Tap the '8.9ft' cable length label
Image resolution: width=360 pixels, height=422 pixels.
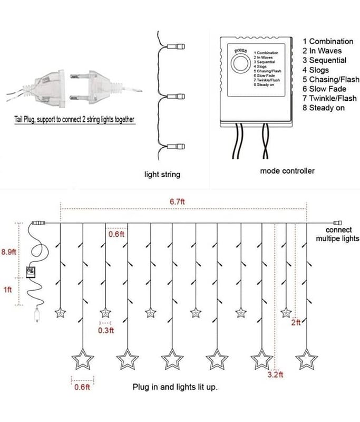pyautogui.click(x=9, y=252)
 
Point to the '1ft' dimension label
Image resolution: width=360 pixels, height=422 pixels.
pyautogui.click(x=8, y=290)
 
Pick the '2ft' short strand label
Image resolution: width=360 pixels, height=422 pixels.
pyautogui.click(x=296, y=322)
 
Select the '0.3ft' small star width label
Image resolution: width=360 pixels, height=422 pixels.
pyautogui.click(x=106, y=330)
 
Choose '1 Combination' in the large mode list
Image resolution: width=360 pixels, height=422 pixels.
pyautogui.click(x=328, y=41)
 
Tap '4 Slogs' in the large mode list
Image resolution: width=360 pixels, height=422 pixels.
pyautogui.click(x=316, y=70)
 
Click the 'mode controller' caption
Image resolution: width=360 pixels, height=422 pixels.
pyautogui.click(x=287, y=171)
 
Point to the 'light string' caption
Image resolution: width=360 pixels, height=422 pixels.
pyautogui.click(x=162, y=174)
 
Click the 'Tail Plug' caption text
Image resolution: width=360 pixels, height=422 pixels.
pyautogui.click(x=74, y=120)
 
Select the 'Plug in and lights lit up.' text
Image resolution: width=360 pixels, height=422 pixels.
pyautogui.click(x=175, y=387)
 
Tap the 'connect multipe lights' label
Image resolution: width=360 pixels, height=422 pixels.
pyautogui.click(x=337, y=234)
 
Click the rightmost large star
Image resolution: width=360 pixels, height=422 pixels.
pyautogui.click(x=306, y=359)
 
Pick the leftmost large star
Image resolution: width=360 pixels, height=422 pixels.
pyautogui.click(x=83, y=360)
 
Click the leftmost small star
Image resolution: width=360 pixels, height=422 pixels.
pyautogui.click(x=60, y=312)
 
